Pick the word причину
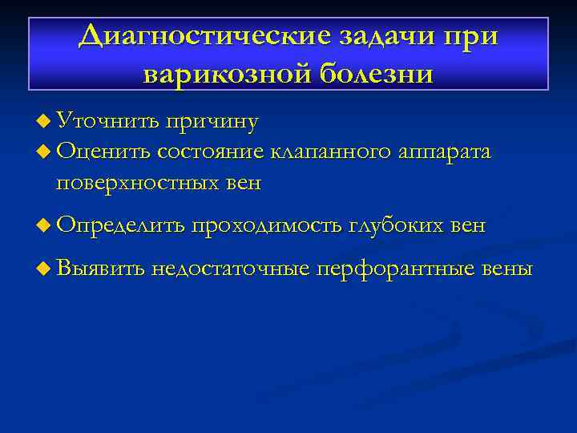[212, 123]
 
